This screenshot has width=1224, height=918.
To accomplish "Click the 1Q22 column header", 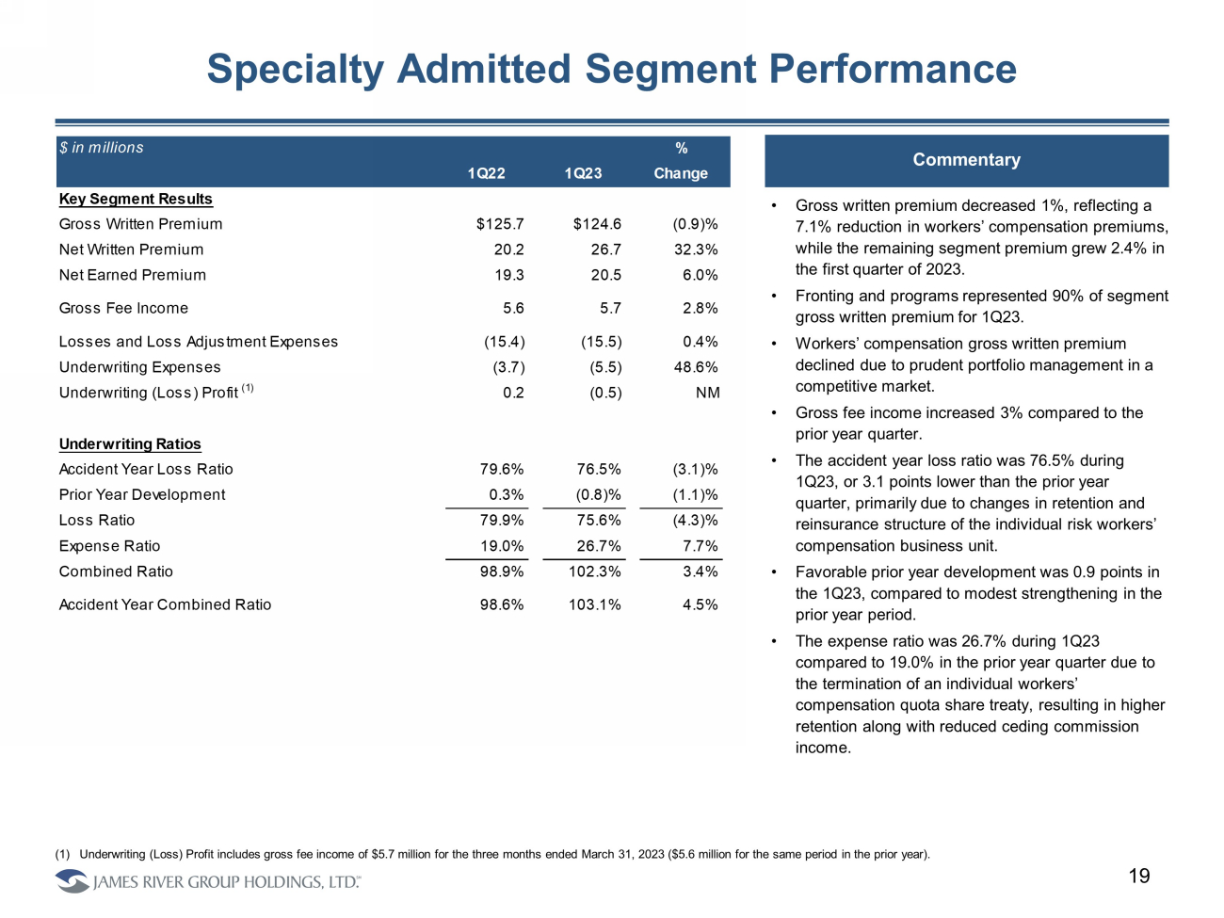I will point(486,173).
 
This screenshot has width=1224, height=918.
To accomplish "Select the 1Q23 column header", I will point(583,173).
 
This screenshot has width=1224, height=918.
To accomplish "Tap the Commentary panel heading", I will point(966,160).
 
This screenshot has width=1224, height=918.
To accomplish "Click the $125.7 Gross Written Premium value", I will point(500,224).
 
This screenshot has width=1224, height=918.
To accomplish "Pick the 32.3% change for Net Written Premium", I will point(696,250).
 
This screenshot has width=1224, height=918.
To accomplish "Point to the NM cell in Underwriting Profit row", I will point(707,393).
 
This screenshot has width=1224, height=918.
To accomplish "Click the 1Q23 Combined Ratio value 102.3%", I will point(595,572).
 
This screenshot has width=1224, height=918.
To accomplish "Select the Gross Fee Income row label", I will point(123,308).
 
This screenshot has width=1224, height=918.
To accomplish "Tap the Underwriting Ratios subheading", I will point(130,444).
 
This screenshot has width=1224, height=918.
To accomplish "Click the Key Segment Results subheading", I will point(136,199).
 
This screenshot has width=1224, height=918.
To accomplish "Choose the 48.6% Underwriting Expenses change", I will point(696,367).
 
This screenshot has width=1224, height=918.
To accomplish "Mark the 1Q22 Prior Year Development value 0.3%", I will point(507,494).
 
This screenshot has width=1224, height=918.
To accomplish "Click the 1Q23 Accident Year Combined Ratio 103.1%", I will point(595,604).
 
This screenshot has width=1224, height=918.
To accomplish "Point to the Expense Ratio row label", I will point(109,546).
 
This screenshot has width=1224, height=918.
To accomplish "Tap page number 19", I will point(1139,877).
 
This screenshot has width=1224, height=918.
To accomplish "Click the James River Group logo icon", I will point(72,881).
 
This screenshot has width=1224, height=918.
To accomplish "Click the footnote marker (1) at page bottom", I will point(62,855).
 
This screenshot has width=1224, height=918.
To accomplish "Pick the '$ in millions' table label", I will point(102,148).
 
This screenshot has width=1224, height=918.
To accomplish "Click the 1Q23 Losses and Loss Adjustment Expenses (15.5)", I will point(601,342).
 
